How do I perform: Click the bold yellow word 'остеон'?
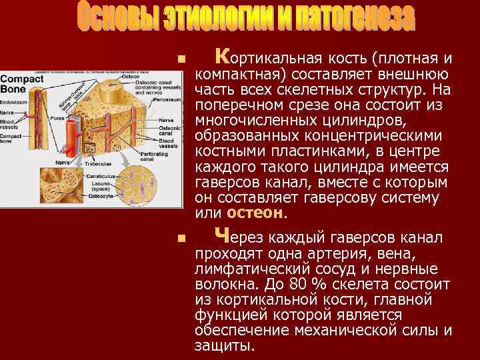pos(255,213)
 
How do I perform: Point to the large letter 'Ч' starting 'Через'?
pos(223,235)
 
